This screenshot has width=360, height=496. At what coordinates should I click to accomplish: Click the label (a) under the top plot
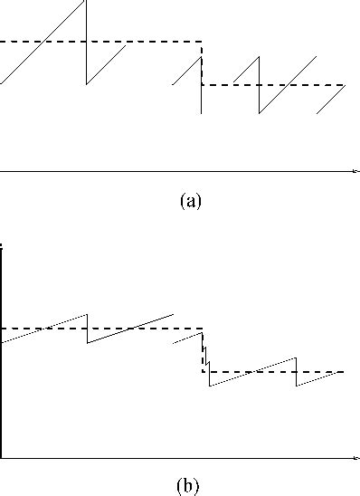pyautogui.click(x=189, y=201)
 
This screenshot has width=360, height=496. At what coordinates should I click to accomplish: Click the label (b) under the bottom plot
pyautogui.click(x=189, y=487)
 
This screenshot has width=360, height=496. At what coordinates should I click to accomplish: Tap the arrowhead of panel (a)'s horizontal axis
pyautogui.click(x=355, y=170)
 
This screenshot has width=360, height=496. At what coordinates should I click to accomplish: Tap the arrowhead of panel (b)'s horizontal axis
pyautogui.click(x=355, y=459)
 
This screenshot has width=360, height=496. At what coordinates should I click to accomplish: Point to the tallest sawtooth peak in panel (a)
pyautogui.click(x=85, y=2)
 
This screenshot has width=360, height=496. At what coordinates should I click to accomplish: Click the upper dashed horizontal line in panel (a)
pyautogui.click(x=99, y=42)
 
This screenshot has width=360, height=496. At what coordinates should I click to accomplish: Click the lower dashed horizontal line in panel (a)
pyautogui.click(x=271, y=85)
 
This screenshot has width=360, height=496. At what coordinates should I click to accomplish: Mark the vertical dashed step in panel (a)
pyautogui.click(x=201, y=63)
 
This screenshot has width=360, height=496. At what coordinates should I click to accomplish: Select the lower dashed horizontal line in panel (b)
pyautogui.click(x=271, y=371)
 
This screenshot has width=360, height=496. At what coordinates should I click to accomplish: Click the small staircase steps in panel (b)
pyautogui.click(x=206, y=358)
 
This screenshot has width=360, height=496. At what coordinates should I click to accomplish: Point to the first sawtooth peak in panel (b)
pyautogui.click(x=87, y=314)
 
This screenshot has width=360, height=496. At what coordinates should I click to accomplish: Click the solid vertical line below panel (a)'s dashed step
pyautogui.click(x=201, y=100)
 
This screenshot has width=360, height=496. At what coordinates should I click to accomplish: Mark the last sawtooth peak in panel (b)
pyautogui.click(x=296, y=358)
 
